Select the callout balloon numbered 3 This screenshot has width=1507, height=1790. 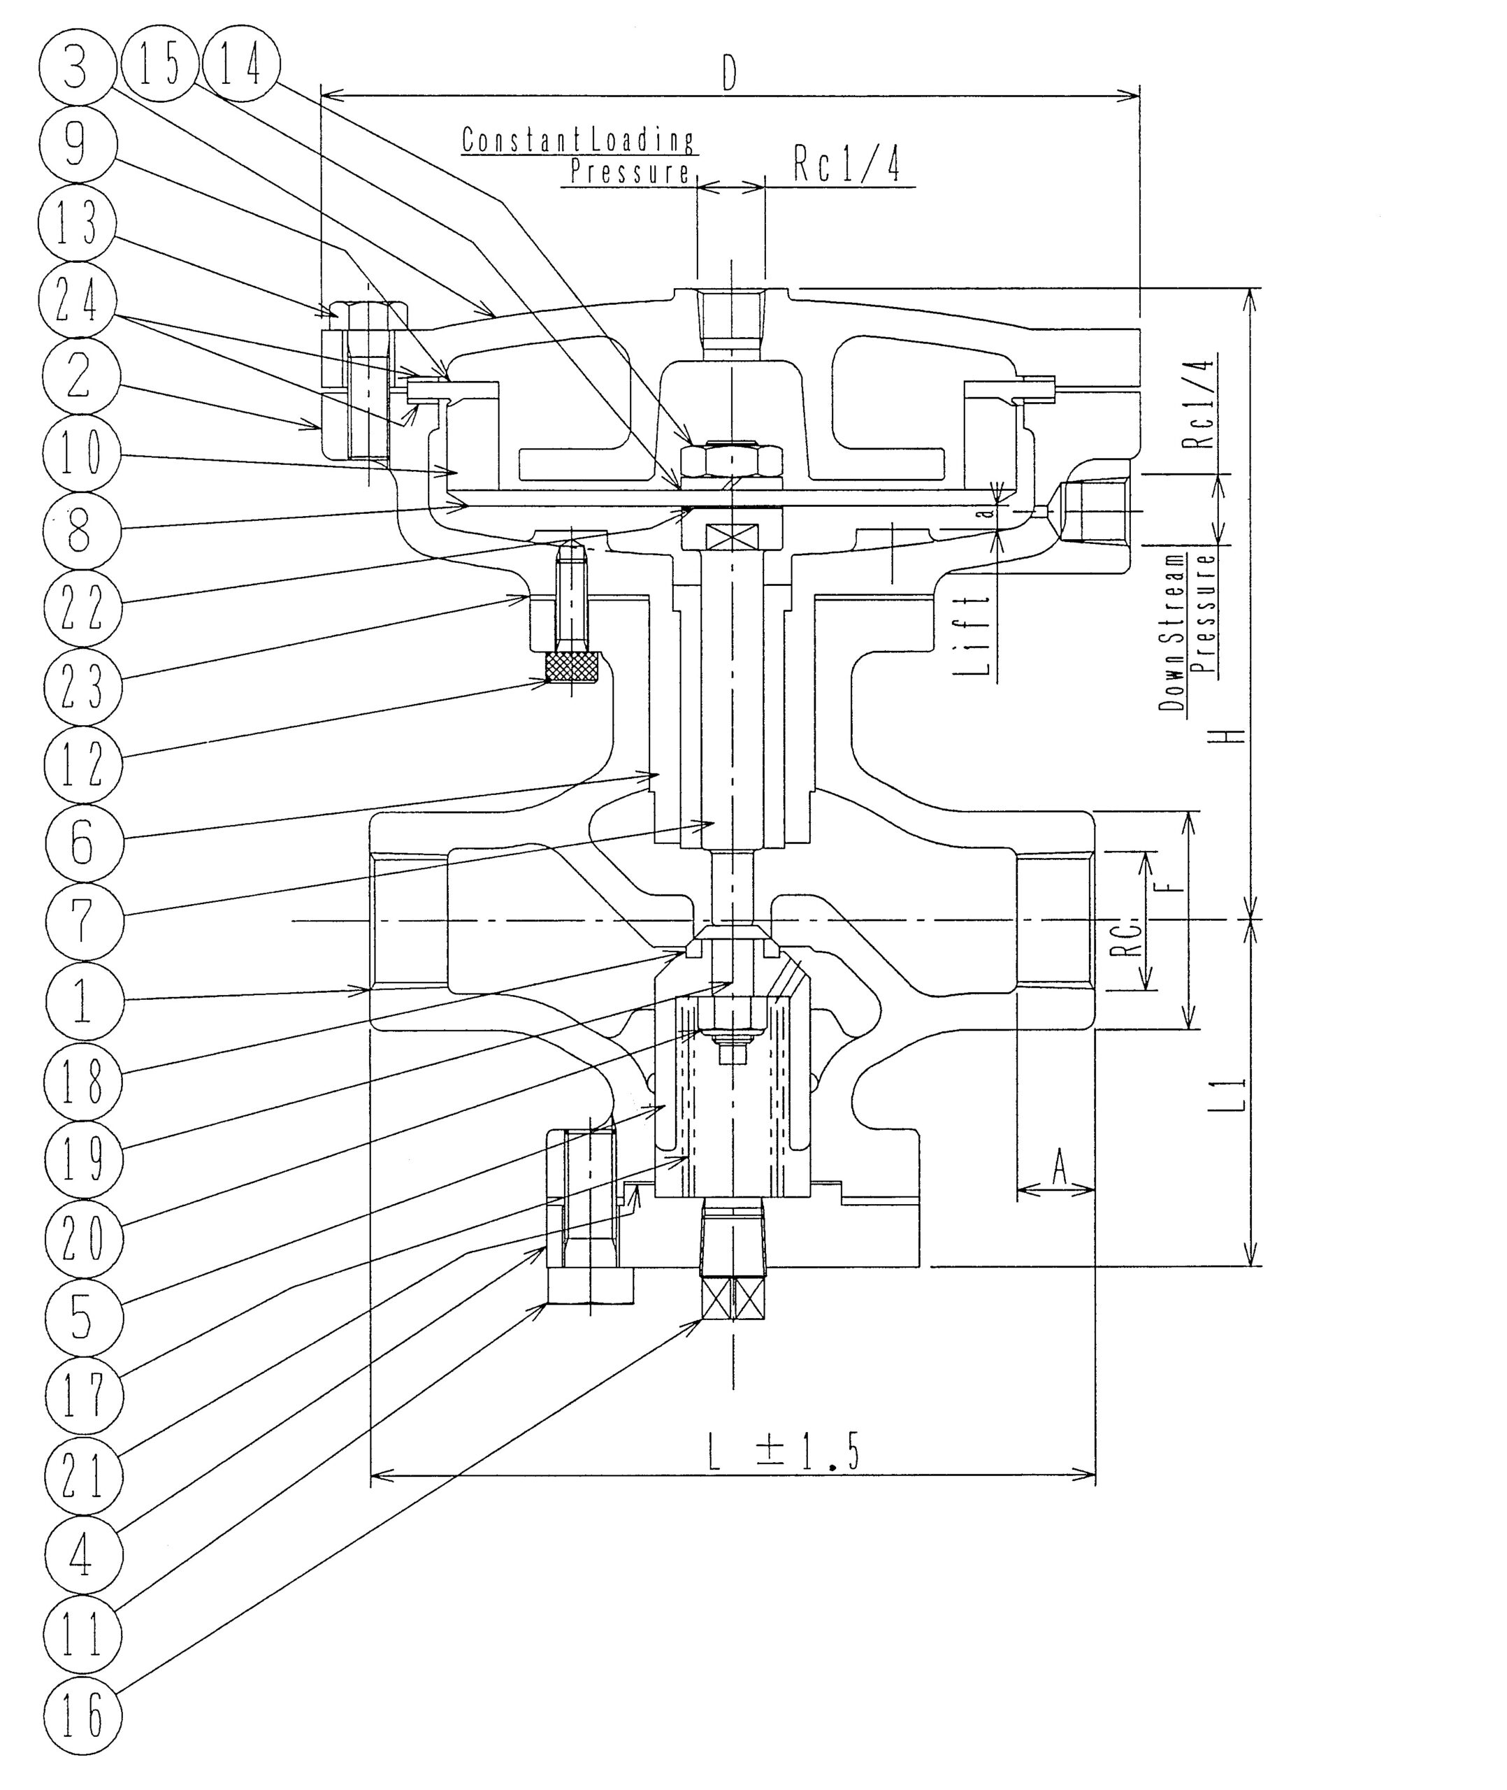point(76,68)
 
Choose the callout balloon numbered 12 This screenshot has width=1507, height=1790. point(81,763)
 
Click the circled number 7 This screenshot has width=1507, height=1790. point(81,921)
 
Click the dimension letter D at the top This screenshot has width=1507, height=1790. point(729,74)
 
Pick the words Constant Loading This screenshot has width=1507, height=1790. point(577,139)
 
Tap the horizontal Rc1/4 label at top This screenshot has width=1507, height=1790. point(846,166)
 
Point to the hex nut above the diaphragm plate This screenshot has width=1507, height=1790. point(731,459)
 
